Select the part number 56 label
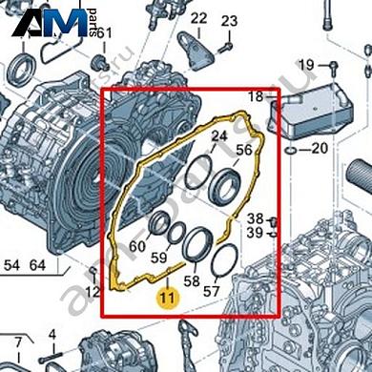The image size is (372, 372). [x=244, y=150]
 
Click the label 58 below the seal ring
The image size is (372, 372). [x=192, y=281]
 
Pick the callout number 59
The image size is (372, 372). [x=160, y=257]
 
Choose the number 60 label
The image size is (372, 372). [x=137, y=246]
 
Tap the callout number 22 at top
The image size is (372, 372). [x=198, y=18]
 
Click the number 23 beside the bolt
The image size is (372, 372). [x=230, y=21]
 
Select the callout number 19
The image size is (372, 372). [x=305, y=64]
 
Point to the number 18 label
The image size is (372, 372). [x=257, y=97]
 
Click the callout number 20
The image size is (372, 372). [x=319, y=148]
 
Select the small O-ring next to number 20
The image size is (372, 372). [x=290, y=151]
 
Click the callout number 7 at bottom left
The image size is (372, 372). [x=17, y=341]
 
